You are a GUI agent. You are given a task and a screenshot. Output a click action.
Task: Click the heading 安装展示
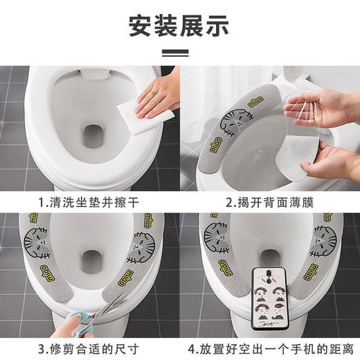[179, 26]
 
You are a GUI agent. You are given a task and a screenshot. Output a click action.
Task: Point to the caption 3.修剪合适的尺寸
[90, 348]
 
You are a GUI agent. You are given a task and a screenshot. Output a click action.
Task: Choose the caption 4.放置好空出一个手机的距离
[270, 348]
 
